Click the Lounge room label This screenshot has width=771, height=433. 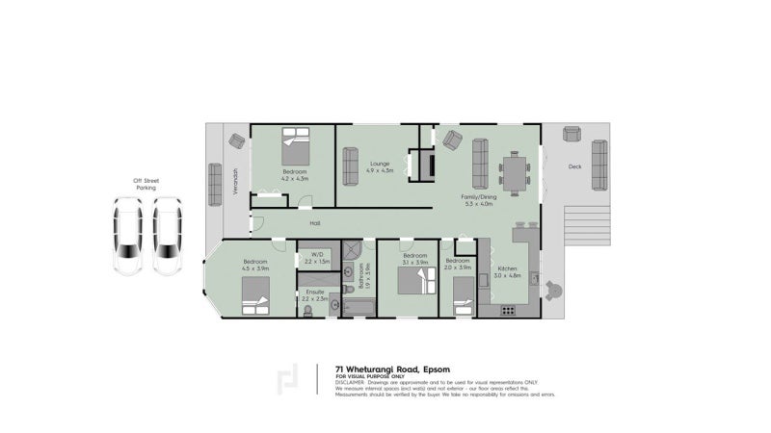click(381, 164)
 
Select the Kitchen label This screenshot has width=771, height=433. click(507, 271)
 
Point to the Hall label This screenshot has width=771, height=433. click(315, 223)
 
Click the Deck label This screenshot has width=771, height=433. click(575, 166)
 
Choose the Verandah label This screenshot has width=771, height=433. click(236, 182)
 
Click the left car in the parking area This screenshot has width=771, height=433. click(127, 236)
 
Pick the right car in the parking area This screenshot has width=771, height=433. click(168, 236)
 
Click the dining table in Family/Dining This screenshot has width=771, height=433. click(514, 175)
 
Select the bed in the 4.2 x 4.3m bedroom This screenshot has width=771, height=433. click(296, 148)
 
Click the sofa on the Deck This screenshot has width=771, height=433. click(599, 165)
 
